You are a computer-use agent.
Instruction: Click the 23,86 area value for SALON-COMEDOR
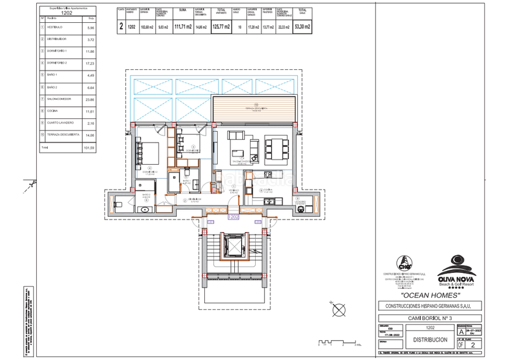90,99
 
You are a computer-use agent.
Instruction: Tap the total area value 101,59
90,148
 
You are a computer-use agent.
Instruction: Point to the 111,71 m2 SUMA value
183,27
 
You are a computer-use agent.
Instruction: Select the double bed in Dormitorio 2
151,153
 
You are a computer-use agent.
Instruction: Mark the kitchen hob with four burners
268,174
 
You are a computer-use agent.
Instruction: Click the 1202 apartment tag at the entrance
234,216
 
